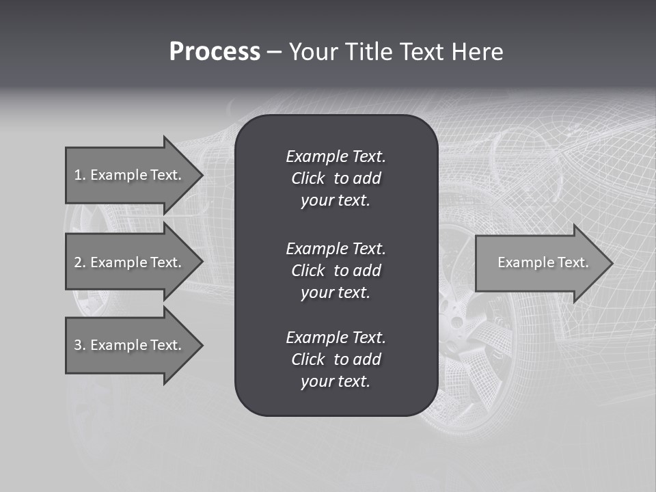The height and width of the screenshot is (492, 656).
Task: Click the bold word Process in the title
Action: click(215, 52)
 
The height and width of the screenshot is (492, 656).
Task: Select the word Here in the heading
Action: click(476, 52)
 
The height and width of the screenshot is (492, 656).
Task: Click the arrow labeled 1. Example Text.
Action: click(128, 175)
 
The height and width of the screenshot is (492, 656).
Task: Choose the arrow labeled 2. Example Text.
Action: click(128, 262)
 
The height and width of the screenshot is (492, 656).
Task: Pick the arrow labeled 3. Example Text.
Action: click(128, 345)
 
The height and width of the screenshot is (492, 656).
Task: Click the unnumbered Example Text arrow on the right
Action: click(543, 262)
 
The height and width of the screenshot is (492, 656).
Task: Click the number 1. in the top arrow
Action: click(80, 175)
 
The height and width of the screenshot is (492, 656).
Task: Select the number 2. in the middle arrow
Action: click(80, 262)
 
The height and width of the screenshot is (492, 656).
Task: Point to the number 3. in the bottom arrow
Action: click(80, 345)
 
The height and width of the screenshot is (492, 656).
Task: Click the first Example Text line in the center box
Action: click(336, 156)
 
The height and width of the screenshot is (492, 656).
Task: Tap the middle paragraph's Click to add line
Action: click(336, 271)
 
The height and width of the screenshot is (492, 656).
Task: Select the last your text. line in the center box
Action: click(336, 382)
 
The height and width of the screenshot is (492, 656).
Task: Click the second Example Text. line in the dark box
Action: click(336, 248)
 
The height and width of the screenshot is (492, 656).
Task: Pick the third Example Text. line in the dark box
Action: click(336, 338)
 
